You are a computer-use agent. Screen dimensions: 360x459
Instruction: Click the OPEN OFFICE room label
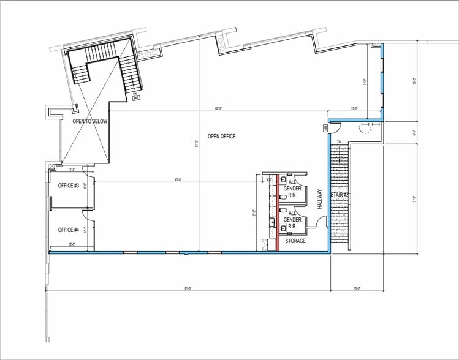tap(221, 137)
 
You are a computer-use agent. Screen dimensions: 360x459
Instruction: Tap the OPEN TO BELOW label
tap(90, 121)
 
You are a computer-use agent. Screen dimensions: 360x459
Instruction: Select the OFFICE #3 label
tap(68, 186)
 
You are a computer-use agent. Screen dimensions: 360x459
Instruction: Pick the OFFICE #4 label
tap(68, 230)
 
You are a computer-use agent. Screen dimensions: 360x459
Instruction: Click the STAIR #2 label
tap(340, 195)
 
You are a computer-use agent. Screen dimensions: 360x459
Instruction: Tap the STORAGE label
tap(296, 241)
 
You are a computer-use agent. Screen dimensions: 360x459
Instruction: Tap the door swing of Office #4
tap(87, 214)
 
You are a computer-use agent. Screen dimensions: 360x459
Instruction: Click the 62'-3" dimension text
tap(218, 109)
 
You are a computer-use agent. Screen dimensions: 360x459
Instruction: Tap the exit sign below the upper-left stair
tap(136, 96)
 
